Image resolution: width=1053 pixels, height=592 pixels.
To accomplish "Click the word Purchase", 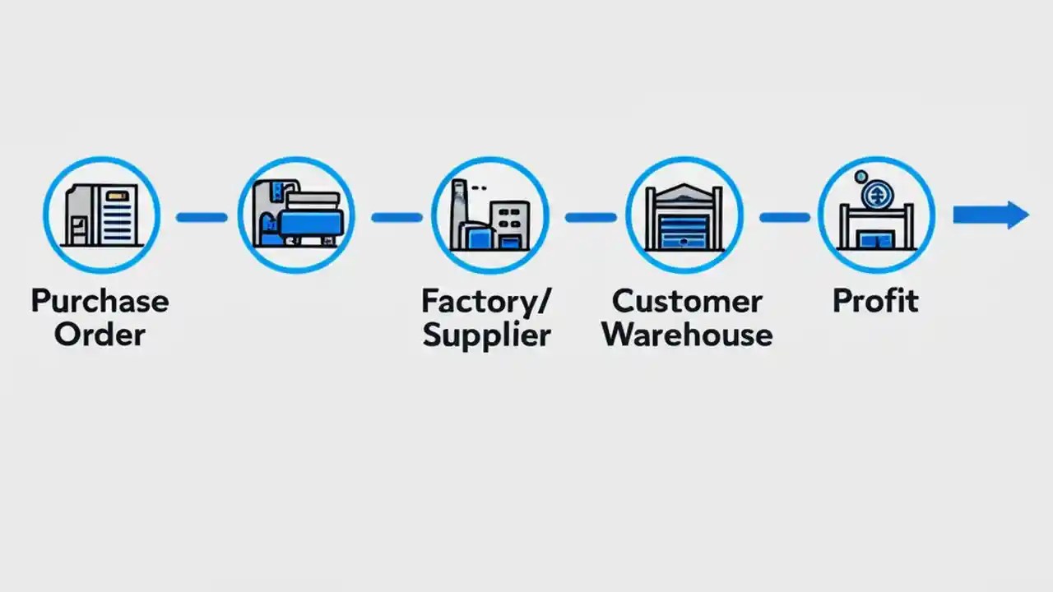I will (100, 301).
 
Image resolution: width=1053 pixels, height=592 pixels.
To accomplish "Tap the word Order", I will (100, 335).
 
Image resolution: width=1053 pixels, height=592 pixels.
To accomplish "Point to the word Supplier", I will (485, 335).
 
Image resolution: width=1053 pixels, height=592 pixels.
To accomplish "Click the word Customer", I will (687, 301).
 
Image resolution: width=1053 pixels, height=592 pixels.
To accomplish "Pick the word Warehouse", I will (688, 335).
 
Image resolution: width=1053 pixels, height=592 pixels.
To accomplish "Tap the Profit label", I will (875, 300).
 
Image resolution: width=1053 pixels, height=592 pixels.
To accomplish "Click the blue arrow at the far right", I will (990, 215).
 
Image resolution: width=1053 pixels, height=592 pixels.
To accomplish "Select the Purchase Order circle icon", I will (101, 215).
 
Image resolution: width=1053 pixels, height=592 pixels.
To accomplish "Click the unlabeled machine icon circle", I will (296, 215).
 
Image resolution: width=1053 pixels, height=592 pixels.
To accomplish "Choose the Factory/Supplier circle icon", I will (489, 215).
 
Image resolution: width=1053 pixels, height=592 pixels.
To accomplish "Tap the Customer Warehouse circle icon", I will (684, 215).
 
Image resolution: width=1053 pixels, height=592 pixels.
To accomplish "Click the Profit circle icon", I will (876, 215).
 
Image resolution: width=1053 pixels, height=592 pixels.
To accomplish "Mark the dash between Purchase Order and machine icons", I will (202, 217).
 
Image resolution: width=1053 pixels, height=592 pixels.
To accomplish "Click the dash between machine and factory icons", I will (396, 217).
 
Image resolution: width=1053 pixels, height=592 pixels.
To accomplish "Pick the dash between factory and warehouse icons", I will (590, 217).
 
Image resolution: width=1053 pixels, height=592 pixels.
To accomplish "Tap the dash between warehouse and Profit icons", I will (784, 217).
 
